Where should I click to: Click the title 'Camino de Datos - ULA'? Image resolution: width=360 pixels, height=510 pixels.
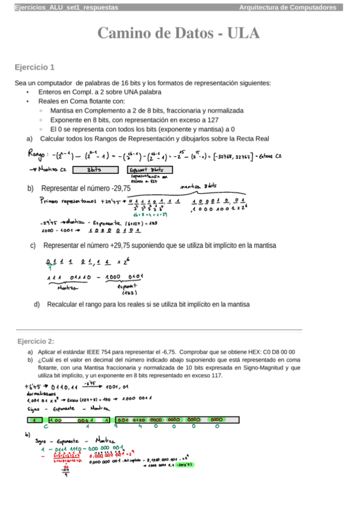[180, 33]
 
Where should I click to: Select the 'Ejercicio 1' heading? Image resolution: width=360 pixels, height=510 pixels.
[35, 67]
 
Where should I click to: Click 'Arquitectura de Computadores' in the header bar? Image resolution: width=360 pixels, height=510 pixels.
[287, 7]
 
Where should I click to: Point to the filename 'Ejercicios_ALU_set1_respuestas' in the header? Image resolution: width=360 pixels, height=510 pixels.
[66, 7]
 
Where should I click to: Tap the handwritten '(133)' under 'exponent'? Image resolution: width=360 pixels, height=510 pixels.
[130, 293]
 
